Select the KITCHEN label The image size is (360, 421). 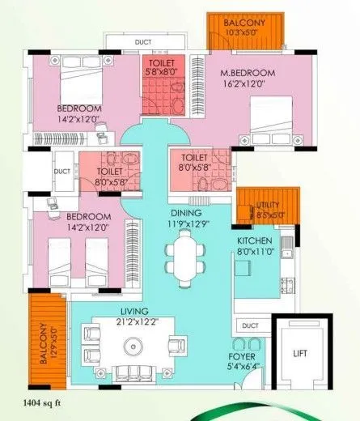click(x=254, y=241)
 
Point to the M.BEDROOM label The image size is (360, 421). click(x=248, y=74)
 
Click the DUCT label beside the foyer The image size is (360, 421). click(x=250, y=326)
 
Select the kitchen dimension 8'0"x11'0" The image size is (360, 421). click(x=254, y=253)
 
